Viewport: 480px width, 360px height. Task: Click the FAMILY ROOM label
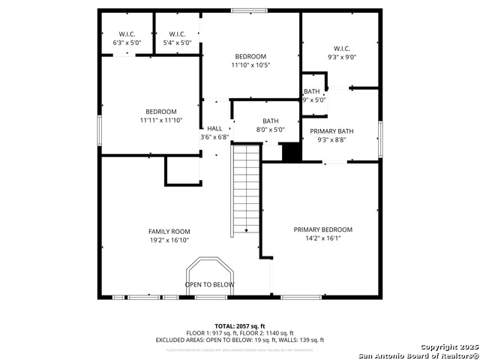[169, 232]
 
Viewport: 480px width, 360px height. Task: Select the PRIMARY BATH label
[331, 131]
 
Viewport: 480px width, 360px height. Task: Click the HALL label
[214, 128]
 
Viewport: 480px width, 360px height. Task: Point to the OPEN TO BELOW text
[210, 285]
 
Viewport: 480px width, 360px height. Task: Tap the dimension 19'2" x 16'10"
[169, 241]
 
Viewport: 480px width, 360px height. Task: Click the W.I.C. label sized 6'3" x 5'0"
[127, 34]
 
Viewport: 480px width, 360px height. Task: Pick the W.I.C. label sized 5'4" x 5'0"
[178, 34]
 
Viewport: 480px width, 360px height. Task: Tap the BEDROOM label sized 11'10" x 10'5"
[250, 56]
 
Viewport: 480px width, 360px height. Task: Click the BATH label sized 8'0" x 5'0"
[270, 121]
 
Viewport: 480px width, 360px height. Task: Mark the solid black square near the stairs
[290, 151]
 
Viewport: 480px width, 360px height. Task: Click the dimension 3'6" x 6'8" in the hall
[214, 137]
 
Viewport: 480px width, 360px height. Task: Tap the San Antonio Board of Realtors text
[418, 355]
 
